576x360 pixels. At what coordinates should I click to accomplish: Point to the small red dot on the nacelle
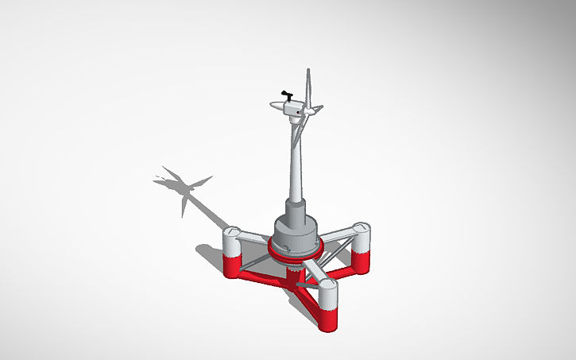(x=299, y=113)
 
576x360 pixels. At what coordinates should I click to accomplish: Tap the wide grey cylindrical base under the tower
(x=295, y=230)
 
